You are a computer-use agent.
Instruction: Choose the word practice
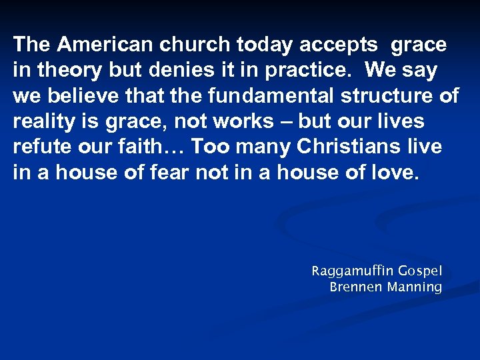(x=307, y=71)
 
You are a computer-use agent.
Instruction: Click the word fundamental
(x=251, y=96)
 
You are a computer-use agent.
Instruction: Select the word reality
(x=40, y=122)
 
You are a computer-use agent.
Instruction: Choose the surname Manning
(x=415, y=288)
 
